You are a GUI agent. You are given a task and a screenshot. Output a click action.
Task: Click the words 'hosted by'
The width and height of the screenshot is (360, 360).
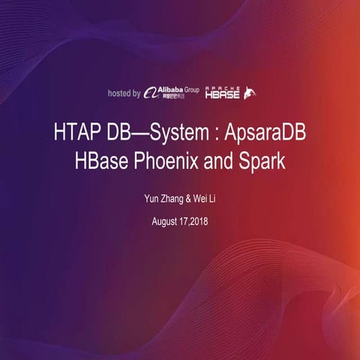point(124,94)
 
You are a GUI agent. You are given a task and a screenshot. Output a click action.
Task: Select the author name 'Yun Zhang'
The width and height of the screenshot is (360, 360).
point(163,199)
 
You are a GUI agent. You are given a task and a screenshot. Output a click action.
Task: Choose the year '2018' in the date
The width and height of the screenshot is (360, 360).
point(198,223)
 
